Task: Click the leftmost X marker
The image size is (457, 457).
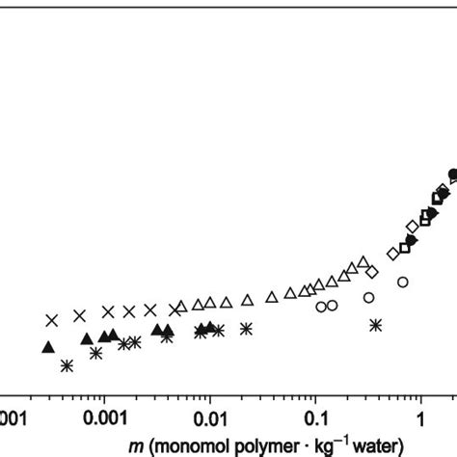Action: [x=52, y=319]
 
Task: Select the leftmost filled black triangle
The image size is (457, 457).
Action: [x=48, y=347]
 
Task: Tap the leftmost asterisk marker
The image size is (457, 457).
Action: [x=67, y=365]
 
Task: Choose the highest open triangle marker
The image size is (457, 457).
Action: [x=363, y=262]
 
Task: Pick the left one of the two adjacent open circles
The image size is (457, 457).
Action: [x=321, y=307]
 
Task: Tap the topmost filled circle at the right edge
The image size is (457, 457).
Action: [x=453, y=175]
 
